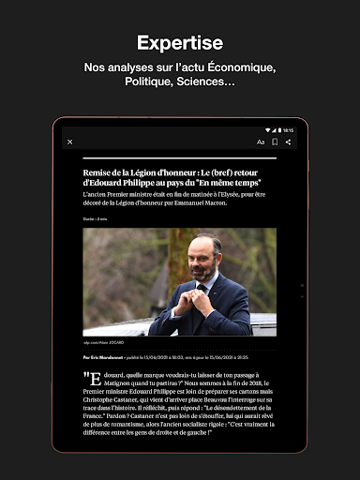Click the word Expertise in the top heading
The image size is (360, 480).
(180, 43)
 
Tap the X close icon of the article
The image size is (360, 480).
(70, 142)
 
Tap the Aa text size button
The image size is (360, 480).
(261, 142)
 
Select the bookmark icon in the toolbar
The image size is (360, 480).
(275, 142)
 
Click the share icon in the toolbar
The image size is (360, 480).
(288, 142)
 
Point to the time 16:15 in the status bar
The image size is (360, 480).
(288, 129)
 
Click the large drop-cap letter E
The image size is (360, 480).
(93, 379)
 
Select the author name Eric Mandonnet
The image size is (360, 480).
(110, 357)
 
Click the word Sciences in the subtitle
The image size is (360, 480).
(204, 82)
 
